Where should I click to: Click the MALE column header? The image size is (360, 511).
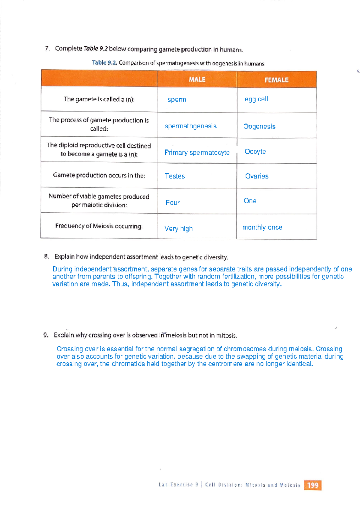197,80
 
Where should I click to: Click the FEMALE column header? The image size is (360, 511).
276,80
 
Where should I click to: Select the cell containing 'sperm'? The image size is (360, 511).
177,99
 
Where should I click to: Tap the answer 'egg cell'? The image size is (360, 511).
256,99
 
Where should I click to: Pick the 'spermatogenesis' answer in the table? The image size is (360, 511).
190,126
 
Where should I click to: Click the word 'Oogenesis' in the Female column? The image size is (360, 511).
259,126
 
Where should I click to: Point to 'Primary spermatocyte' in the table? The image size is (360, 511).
197,152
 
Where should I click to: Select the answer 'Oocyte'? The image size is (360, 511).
255,152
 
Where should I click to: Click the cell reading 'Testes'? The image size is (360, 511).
175,176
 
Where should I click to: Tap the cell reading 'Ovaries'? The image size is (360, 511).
257,176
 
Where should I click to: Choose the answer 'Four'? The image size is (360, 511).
173,203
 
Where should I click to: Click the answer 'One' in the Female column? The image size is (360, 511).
250,201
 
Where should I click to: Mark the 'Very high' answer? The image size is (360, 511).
178,229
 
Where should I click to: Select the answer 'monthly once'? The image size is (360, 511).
262,227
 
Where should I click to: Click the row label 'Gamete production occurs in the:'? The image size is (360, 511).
99,175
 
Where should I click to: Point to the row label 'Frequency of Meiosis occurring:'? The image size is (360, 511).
99,226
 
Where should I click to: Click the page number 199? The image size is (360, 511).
313,485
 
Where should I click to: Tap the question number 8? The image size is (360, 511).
46,257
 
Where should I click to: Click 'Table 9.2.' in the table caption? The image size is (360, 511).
104,63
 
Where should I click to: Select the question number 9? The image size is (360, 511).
46,335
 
